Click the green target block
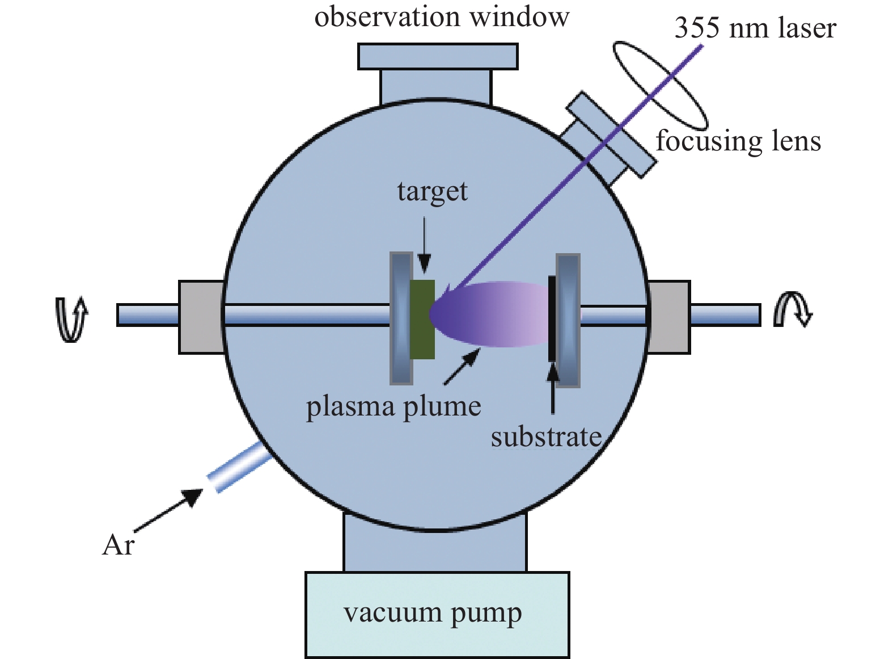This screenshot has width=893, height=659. pos(422,319)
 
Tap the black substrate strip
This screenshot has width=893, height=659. pos(552,318)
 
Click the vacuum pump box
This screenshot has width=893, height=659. pos(437,614)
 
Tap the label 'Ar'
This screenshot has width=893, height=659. pos(118,545)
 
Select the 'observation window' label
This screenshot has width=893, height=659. pos(442,17)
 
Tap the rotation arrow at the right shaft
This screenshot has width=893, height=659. pos(793,309)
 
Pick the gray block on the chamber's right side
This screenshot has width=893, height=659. pos(670,317)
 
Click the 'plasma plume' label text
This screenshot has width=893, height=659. pos(393,406)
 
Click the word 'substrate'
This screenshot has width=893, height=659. pos(546,436)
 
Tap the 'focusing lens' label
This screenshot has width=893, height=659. pos(738,141)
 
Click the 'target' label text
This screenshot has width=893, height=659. pos(432,192)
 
